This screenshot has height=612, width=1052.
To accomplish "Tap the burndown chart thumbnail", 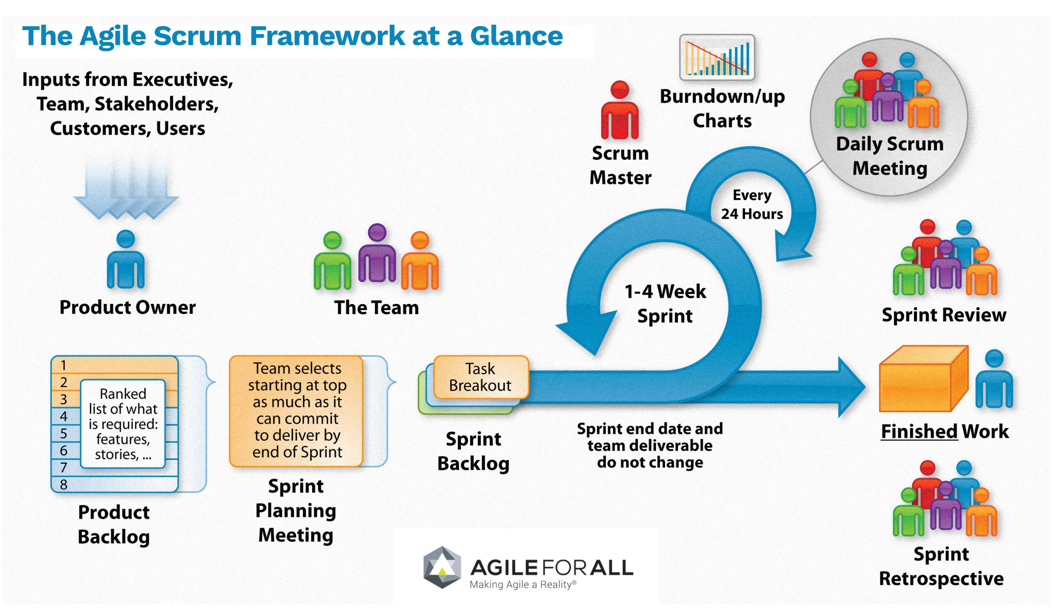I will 717,58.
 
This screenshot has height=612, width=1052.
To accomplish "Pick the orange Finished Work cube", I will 922,380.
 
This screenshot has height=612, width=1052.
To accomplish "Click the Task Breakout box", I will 480,377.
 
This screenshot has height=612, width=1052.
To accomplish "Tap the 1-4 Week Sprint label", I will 665,304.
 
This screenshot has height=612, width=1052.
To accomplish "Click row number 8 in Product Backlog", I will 64,484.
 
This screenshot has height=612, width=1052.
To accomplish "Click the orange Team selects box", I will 296,411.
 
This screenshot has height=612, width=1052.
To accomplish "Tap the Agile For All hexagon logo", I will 442,567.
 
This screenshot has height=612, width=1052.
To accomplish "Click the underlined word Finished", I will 919,431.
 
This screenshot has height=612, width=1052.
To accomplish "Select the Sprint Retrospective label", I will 941,566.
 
